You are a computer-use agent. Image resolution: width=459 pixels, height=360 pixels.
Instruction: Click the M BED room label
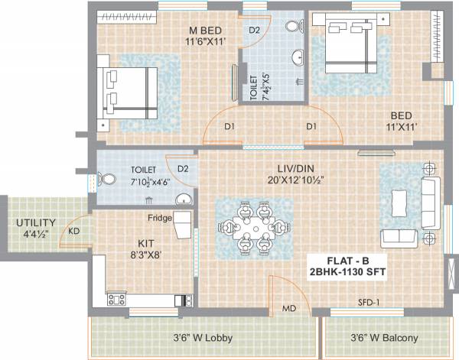coord(205,31)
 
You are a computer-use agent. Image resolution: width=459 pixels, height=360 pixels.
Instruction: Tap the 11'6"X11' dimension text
coord(205,44)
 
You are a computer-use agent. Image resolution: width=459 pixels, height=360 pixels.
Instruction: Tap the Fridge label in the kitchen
coord(160,217)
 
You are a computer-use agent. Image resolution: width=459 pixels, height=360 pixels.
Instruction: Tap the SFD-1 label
coord(367,303)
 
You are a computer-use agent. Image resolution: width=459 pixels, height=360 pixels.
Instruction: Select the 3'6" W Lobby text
coord(202,337)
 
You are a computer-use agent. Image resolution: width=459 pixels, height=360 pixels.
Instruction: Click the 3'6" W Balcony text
coord(385,337)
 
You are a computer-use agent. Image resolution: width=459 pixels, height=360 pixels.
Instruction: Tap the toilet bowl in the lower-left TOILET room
coord(110,180)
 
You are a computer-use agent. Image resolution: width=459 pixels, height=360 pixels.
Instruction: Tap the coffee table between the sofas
coord(399,203)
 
